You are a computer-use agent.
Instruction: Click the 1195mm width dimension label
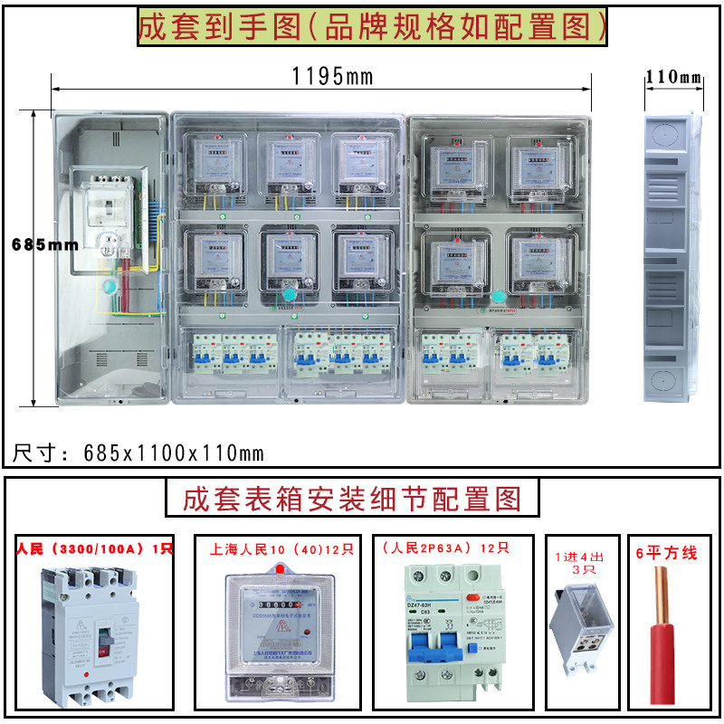tap(332, 76)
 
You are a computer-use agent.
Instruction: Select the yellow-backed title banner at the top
tap(371, 27)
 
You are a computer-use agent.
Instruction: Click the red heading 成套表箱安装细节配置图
tap(352, 498)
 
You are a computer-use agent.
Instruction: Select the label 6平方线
tap(671, 553)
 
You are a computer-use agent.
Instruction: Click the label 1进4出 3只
tap(578, 561)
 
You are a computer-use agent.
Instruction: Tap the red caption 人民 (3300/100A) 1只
tap(95, 548)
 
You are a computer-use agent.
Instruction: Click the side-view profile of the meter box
tap(673, 258)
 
